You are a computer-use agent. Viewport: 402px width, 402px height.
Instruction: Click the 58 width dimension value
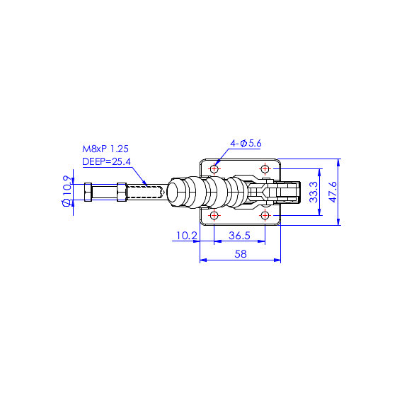(241, 254)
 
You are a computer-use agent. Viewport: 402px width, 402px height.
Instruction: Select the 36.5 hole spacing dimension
(239, 236)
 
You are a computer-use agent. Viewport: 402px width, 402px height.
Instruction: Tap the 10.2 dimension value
(187, 236)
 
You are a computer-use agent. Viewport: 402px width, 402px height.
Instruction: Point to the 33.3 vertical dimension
(314, 192)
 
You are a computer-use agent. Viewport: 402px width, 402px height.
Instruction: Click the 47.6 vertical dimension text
(333, 192)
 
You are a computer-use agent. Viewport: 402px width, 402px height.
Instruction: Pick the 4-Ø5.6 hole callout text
(246, 143)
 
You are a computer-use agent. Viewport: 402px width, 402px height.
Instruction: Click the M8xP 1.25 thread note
(105, 149)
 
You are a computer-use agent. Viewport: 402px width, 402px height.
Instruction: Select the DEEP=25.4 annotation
(106, 161)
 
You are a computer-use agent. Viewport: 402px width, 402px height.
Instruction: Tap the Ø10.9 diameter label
(67, 191)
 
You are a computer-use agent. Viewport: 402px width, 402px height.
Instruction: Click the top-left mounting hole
(214, 169)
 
